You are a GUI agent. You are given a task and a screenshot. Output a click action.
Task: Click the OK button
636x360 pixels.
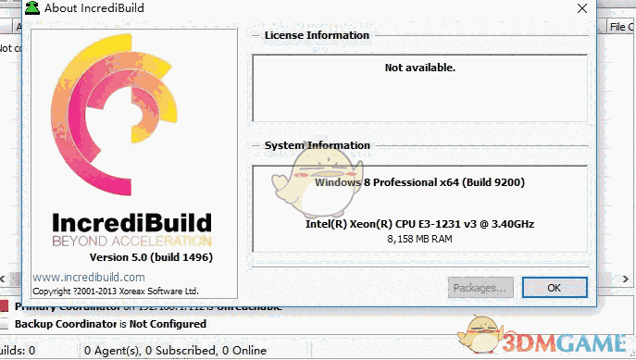tap(554, 288)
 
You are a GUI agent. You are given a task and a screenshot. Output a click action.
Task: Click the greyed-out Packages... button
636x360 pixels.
tap(480, 288)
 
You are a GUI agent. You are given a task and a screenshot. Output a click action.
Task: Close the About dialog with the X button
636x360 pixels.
tap(580, 8)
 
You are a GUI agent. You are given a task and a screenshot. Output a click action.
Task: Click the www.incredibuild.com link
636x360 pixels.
tap(89, 277)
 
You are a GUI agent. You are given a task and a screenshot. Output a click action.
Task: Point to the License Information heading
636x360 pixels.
tap(317, 35)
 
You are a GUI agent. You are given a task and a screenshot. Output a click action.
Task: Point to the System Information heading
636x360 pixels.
tap(318, 146)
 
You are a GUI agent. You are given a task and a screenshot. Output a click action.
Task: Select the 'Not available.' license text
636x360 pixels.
tap(420, 68)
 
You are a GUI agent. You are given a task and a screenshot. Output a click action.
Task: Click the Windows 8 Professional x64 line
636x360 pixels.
tap(419, 183)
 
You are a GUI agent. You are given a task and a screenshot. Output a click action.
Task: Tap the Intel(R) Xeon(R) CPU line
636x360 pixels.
tap(419, 225)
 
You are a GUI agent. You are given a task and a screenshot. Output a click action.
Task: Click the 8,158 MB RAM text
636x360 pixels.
tap(419, 239)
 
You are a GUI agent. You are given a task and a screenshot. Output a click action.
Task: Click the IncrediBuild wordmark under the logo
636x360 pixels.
tap(131, 223)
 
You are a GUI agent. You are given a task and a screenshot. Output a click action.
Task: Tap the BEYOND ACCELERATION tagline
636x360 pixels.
tap(131, 241)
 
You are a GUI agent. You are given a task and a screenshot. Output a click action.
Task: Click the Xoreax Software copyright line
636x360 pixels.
tap(116, 291)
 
